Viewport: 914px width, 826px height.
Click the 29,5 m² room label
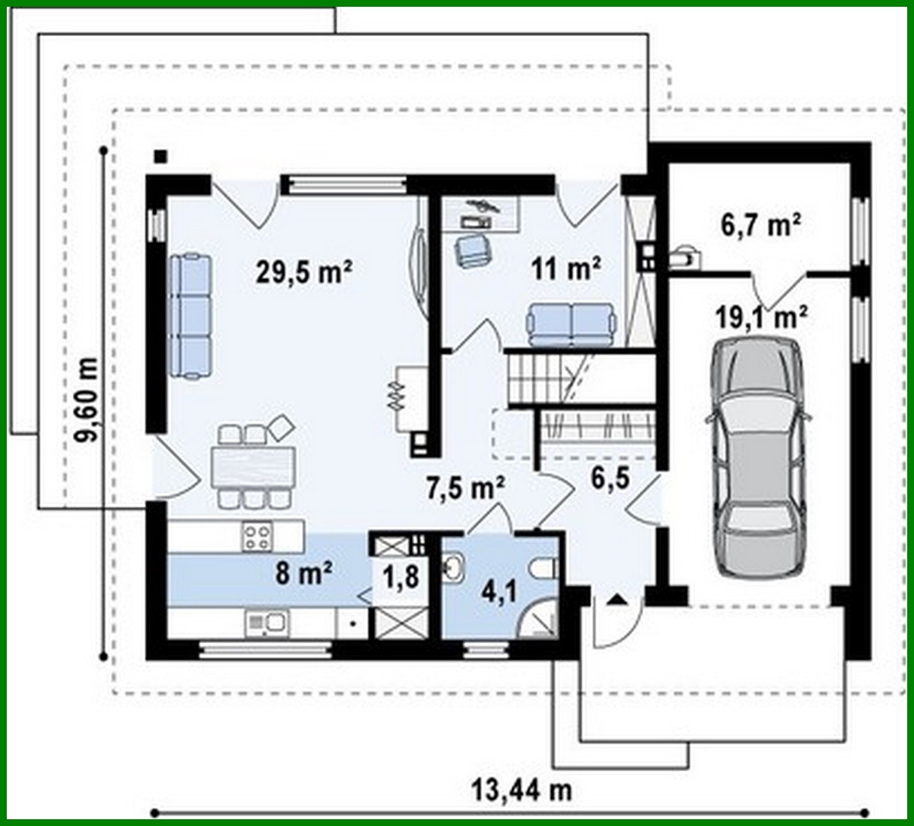(x=304, y=272)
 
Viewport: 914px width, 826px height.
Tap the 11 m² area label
(x=566, y=268)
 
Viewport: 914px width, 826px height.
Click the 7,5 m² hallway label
(x=465, y=489)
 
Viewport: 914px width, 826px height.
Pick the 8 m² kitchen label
(x=304, y=574)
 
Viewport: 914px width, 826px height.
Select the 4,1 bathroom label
(x=498, y=593)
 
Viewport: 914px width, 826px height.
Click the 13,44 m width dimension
(x=522, y=791)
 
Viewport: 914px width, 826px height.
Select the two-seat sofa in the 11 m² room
(x=571, y=323)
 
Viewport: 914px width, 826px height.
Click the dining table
(x=251, y=467)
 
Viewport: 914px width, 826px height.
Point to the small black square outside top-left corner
(x=160, y=156)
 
